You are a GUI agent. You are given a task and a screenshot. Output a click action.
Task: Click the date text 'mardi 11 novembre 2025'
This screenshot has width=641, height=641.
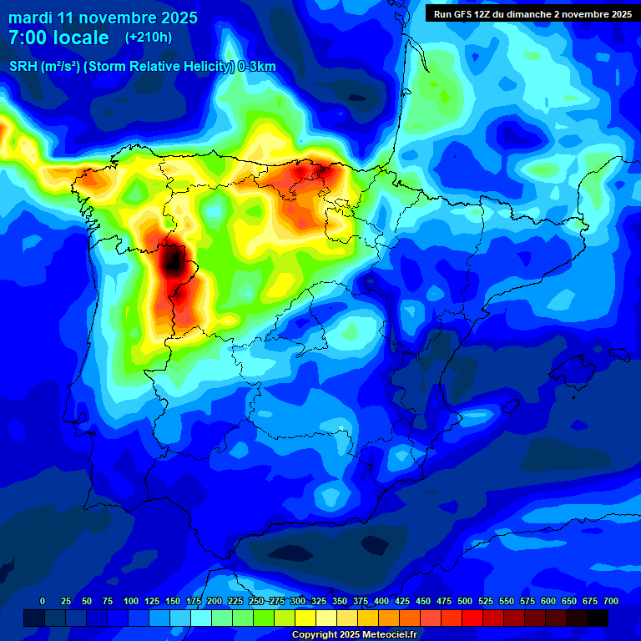[x=103, y=18]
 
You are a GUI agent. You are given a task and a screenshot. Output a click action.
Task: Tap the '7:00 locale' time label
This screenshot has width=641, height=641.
[x=58, y=38]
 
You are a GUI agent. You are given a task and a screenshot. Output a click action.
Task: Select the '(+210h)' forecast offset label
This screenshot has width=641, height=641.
[x=149, y=38]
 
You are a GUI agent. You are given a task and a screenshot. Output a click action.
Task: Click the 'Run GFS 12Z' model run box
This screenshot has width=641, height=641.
[x=532, y=13]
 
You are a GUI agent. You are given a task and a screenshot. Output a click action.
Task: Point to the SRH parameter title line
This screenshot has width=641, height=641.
[x=142, y=67]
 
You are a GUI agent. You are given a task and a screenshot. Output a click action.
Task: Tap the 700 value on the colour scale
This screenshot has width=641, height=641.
[x=610, y=602]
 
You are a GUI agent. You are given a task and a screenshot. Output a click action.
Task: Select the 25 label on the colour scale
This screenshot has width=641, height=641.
[x=67, y=602]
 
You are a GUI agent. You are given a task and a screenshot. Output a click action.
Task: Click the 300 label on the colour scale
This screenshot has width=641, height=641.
[x=298, y=602]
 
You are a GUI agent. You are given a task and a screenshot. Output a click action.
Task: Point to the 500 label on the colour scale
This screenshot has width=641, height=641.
[x=465, y=602]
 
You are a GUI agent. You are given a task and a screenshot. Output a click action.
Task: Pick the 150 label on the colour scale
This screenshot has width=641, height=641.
[x=173, y=602]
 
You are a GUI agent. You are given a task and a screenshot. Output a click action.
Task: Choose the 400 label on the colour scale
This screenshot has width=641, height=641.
[x=381, y=602]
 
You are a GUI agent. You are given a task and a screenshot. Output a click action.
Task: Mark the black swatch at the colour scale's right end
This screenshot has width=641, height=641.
[x=598, y=618]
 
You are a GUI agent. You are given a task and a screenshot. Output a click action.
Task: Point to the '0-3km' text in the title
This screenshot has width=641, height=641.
[x=257, y=67]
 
